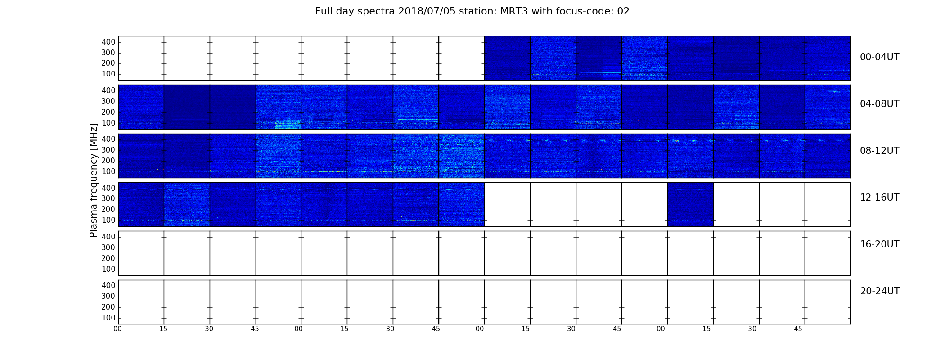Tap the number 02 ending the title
pyautogui.click(x=623, y=11)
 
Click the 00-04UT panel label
pyautogui.click(x=879, y=57)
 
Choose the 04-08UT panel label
pyautogui.click(x=879, y=104)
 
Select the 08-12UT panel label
pyautogui.click(x=879, y=151)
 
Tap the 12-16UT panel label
pyautogui.click(x=879, y=198)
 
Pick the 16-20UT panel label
pyautogui.click(x=879, y=244)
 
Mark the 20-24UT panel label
pyautogui.click(x=880, y=291)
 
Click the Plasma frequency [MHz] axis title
pyautogui.click(x=94, y=180)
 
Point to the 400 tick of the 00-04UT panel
pyautogui.click(x=108, y=42)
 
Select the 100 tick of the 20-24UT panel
pyautogui.click(x=108, y=318)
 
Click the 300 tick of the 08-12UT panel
pyautogui.click(x=108, y=150)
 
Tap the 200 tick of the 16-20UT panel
pyautogui.click(x=108, y=258)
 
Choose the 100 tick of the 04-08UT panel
pyautogui.click(x=108, y=123)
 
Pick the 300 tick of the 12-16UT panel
pyautogui.click(x=108, y=198)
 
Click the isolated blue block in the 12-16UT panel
pyautogui.click(x=690, y=204)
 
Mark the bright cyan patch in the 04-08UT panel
pyautogui.click(x=288, y=124)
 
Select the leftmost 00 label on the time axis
pyautogui.click(x=117, y=329)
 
